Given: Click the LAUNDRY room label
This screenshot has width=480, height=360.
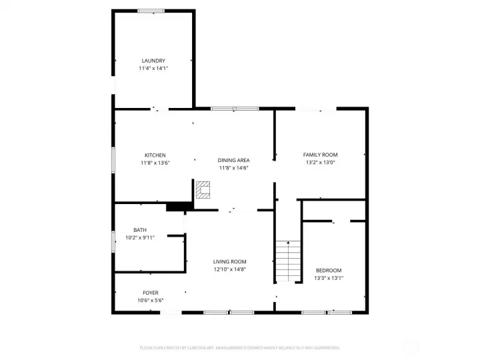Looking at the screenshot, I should [153, 61].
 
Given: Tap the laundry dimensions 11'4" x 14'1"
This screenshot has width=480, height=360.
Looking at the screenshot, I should [153, 69].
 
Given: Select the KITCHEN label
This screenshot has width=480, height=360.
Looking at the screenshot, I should [155, 155].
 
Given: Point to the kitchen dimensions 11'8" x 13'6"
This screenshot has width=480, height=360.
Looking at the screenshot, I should [155, 163].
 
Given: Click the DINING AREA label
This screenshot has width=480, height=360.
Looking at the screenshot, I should [234, 160].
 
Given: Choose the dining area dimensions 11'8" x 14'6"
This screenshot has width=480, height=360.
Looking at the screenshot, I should [234, 168].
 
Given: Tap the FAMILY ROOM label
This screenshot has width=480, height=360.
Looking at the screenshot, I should [321, 154].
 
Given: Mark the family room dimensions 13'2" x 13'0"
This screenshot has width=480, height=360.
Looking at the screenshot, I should [321, 162].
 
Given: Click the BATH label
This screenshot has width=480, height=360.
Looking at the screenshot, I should [139, 230].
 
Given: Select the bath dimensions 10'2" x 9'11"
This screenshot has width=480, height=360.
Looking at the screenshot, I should [140, 237].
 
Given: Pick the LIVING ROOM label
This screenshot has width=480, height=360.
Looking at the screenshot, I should [230, 261].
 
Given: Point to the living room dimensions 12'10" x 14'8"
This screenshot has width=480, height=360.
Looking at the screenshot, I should [230, 269].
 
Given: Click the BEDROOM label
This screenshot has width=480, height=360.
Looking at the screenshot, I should [329, 270].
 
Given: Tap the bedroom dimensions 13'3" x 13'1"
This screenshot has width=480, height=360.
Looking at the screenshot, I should [329, 278].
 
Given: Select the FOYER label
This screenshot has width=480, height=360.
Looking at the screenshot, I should [151, 293].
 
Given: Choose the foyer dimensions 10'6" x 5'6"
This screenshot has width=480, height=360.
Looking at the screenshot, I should [151, 301].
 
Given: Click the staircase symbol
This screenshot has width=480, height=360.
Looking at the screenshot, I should [288, 261].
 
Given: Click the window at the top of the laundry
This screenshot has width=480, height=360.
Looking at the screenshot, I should [151, 11].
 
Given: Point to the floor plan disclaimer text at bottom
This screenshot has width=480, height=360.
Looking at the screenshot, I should [240, 347].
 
